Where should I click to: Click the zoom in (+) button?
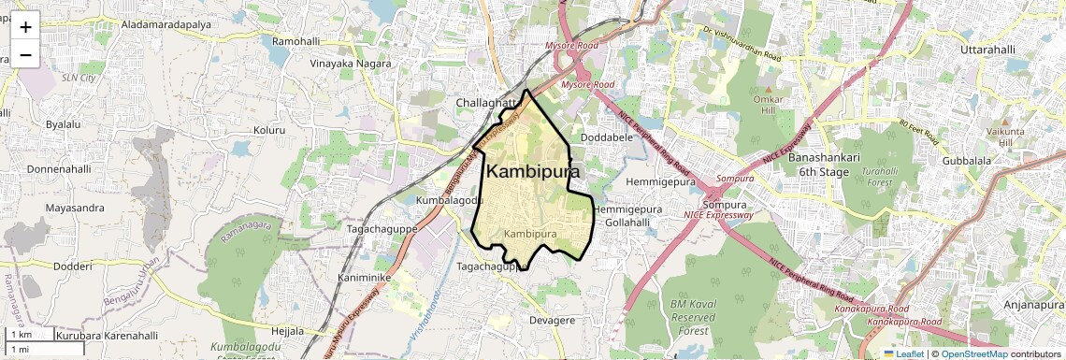point(25,27)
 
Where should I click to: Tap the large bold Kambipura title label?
point(533,172)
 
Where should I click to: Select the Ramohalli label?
point(295,42)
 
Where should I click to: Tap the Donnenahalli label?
point(58,169)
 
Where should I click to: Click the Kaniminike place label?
point(364,278)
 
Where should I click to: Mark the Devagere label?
point(552,320)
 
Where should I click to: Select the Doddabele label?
point(608,137)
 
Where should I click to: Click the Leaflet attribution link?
point(904,353)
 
